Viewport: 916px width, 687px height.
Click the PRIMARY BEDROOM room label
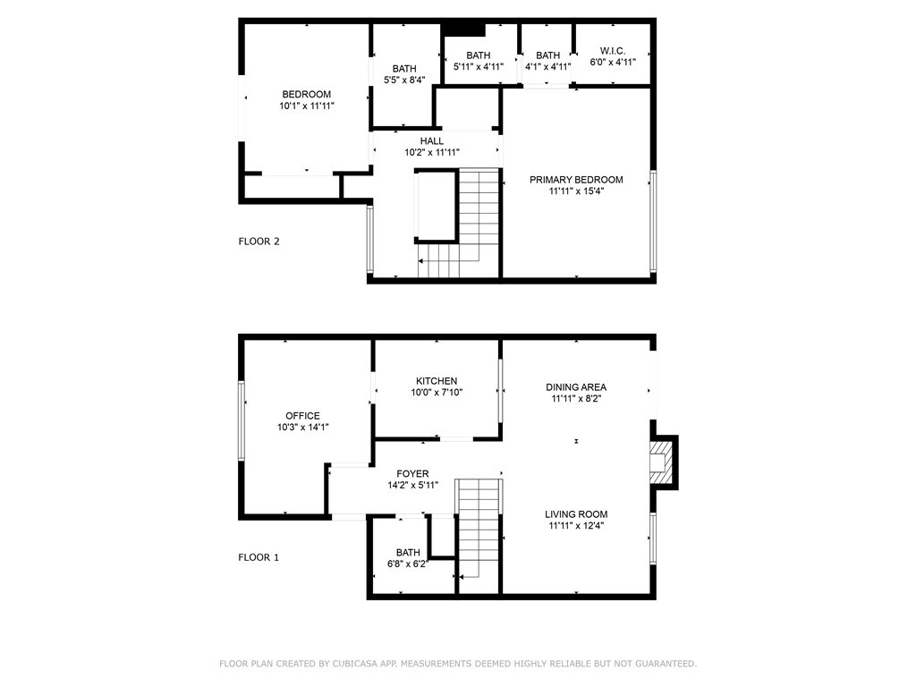tap(576, 179)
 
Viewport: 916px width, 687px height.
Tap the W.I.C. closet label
tap(612, 51)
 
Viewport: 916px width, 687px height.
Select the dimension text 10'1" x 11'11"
tap(307, 106)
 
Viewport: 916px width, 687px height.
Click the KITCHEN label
tap(437, 381)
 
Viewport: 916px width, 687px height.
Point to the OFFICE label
tap(302, 415)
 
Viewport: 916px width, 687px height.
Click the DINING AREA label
tap(576, 386)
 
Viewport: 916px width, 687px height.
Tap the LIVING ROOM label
tap(576, 514)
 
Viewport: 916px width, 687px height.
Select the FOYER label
tap(412, 474)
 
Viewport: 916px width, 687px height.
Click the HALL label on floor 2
tap(432, 140)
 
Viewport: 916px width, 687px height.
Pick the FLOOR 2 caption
tap(259, 242)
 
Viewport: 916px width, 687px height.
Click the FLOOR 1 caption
tap(259, 557)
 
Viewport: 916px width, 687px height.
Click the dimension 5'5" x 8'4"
tap(404, 80)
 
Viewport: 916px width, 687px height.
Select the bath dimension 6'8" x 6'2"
tap(408, 564)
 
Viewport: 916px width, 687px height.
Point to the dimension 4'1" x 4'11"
tap(548, 66)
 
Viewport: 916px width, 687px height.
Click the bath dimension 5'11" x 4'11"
tap(479, 66)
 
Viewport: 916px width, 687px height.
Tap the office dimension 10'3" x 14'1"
tap(302, 427)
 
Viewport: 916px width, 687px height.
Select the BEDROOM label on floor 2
tap(307, 94)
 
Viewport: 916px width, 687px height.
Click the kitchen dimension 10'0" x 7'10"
tap(437, 393)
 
